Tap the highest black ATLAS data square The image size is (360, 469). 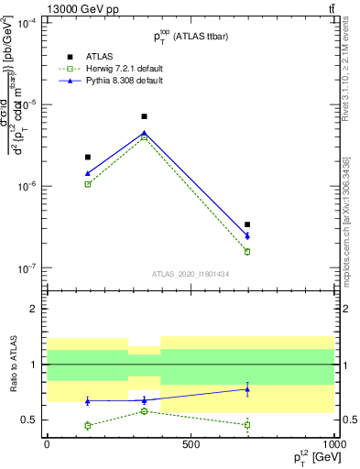pyautogui.click(x=144, y=116)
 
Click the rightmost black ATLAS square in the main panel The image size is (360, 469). pyautogui.click(x=247, y=224)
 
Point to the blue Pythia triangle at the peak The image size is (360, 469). pyautogui.click(x=144, y=133)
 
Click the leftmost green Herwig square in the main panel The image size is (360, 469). pyautogui.click(x=88, y=184)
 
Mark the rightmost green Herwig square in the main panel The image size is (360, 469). pyautogui.click(x=247, y=251)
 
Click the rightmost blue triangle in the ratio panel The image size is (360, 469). pyautogui.click(x=247, y=389)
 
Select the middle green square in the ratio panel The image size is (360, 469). pyautogui.click(x=144, y=411)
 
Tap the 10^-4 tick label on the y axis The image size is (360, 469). pyautogui.click(x=27, y=22)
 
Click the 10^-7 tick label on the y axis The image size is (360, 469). pyautogui.click(x=27, y=268)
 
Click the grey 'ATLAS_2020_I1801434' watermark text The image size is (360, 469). pyautogui.click(x=190, y=274)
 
